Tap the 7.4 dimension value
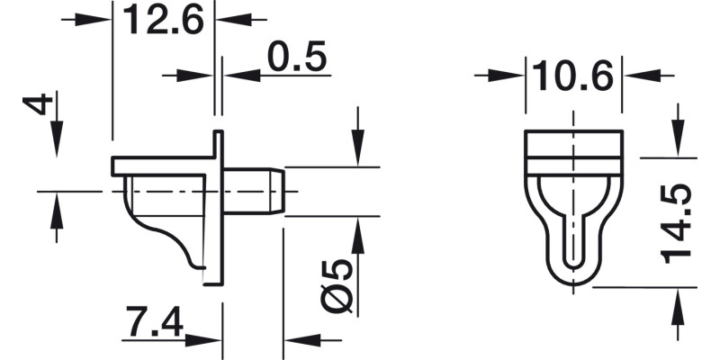click(x=154, y=322)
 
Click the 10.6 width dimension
click(x=572, y=76)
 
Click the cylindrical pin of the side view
click(x=254, y=191)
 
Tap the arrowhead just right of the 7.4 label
click(x=207, y=340)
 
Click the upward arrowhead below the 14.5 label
click(x=675, y=301)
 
